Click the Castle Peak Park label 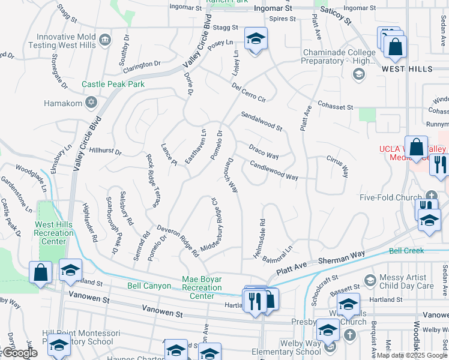coord(113,85)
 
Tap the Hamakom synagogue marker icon coord(91,103)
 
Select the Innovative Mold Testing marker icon coord(106,40)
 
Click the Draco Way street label coord(264,151)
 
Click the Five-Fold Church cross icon coord(432,196)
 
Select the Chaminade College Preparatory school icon coord(359,74)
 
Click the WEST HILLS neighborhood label coord(408,69)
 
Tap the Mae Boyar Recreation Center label coord(202,287)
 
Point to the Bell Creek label coord(406,251)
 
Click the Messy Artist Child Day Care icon coord(370,280)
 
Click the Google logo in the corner coord(19,353)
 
